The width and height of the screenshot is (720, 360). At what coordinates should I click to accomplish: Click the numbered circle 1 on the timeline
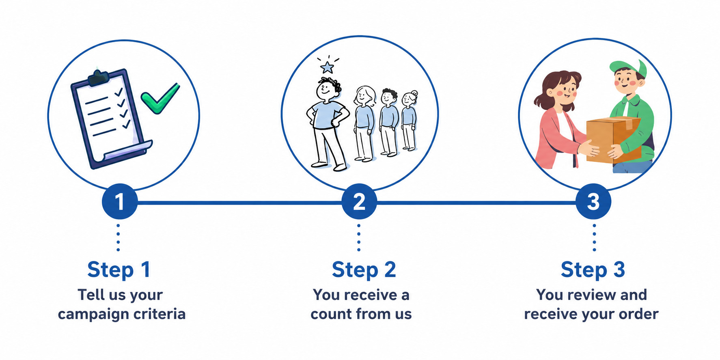[119, 202]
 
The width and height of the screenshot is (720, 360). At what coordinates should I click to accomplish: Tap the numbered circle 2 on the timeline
[359, 202]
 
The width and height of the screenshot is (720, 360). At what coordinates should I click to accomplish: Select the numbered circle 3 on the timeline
[593, 202]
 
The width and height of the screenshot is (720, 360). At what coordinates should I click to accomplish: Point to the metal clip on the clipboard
[98, 78]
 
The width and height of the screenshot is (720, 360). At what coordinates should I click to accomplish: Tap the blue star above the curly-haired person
[327, 67]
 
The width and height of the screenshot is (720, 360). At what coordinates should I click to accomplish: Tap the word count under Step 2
[331, 314]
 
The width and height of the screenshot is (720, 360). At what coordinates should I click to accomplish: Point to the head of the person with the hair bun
[409, 98]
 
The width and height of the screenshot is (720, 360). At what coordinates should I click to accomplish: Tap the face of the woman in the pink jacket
[565, 91]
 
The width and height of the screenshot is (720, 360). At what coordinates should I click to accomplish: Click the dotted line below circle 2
[359, 237]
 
